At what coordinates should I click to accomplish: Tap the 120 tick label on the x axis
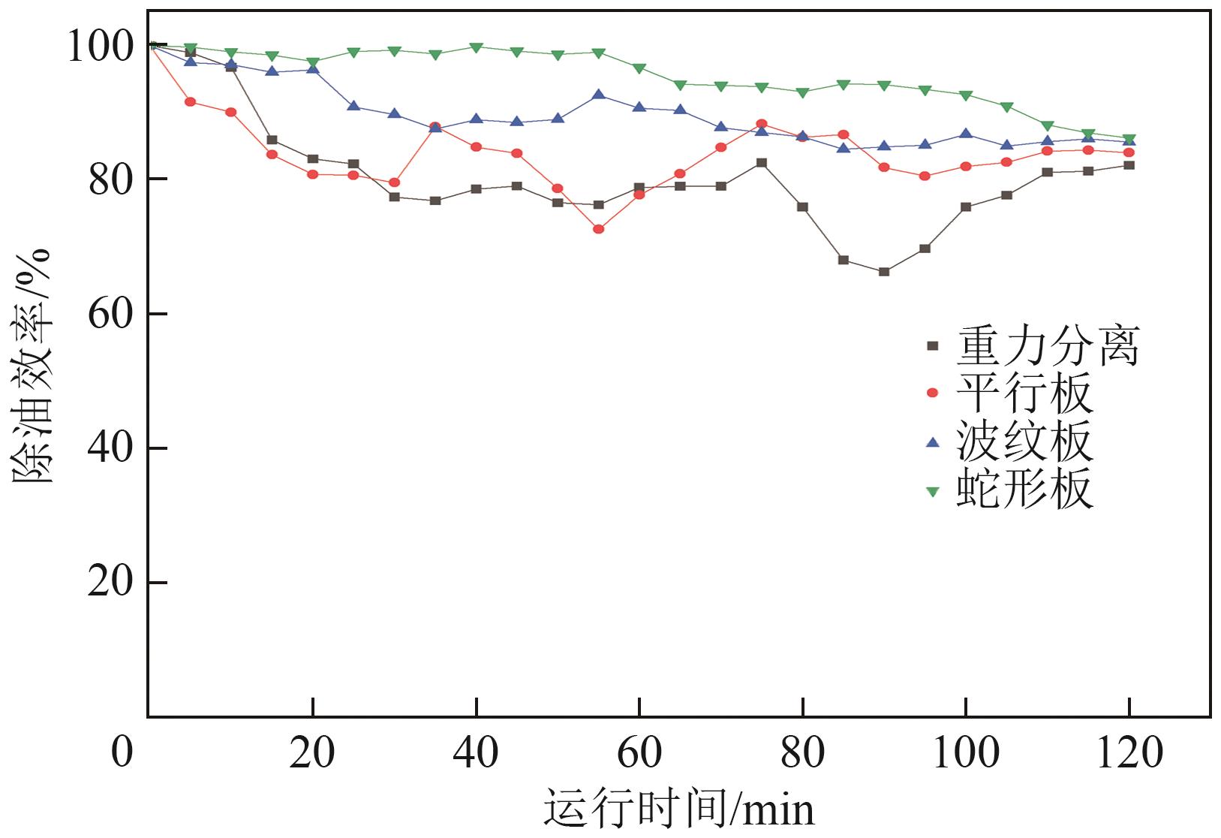pos(1129,752)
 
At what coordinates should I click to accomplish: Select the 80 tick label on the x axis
pos(802,752)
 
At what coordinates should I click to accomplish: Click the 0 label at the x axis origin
pos(122,752)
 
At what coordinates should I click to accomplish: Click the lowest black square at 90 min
pos(884,272)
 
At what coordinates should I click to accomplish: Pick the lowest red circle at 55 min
pos(598,229)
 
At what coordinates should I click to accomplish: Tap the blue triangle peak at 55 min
pos(598,95)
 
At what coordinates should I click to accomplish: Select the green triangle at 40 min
pos(476,47)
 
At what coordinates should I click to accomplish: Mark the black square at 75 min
pos(762,163)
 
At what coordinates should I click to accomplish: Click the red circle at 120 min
pos(1129,152)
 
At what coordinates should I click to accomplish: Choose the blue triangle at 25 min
pos(353,106)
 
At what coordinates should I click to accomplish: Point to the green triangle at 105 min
pos(1006,107)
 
